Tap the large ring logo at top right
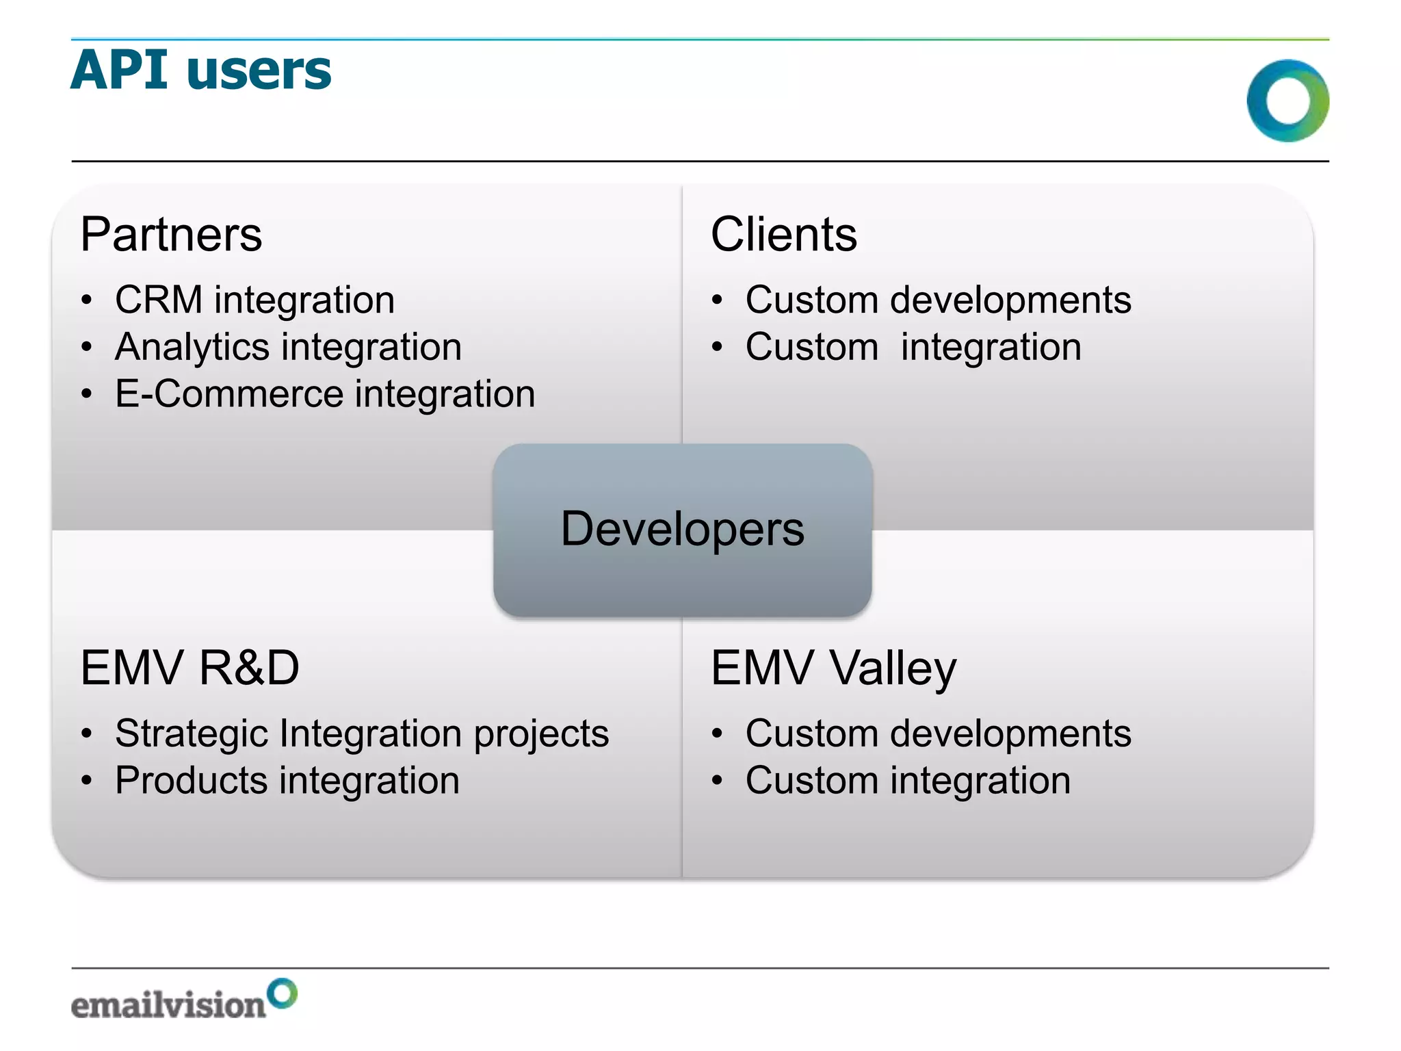pos(1287,101)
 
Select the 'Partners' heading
pos(171,235)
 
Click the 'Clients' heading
pos(783,235)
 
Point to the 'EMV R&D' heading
pos(189,668)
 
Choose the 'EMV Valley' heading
pos(833,668)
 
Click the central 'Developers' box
pos(682,530)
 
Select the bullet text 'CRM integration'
pos(254,300)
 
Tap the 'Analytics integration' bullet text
pos(288,347)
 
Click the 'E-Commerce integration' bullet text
pos(325,394)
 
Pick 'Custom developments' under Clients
pos(938,300)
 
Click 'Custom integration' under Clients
pos(913,347)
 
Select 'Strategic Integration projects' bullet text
pos(361,734)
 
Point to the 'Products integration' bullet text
pos(287,781)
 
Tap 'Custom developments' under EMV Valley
pos(938,734)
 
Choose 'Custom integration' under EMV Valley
pos(908,781)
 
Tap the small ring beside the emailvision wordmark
pos(282,994)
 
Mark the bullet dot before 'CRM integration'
pos(86,301)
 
